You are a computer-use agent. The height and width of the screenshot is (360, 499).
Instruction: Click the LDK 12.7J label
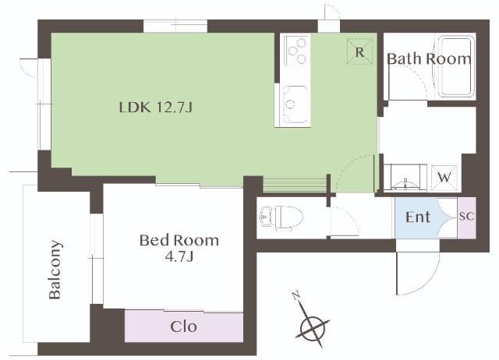[x=156, y=108]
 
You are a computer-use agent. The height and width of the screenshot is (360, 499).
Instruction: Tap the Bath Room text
[x=429, y=59]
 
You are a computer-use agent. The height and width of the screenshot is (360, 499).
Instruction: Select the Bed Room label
[x=179, y=241]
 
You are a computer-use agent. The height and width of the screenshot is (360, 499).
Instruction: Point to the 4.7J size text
[x=179, y=256]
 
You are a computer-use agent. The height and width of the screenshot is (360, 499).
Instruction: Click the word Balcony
[x=55, y=270]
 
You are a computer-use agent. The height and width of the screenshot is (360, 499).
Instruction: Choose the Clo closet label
[x=184, y=326]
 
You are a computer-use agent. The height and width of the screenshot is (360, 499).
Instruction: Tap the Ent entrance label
[x=418, y=217]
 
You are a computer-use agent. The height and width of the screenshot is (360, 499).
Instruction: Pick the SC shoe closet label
[x=466, y=217]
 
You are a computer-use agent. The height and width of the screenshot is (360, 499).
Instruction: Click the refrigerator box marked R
[x=359, y=51]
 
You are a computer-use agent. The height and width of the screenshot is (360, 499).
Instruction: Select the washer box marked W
[x=444, y=178]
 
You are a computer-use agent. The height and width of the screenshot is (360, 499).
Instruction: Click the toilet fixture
[x=281, y=217]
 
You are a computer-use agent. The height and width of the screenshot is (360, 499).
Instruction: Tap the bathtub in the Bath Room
[x=457, y=66]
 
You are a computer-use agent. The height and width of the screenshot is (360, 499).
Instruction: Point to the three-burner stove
[x=296, y=50]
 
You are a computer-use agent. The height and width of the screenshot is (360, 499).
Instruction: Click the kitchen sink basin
[x=296, y=104]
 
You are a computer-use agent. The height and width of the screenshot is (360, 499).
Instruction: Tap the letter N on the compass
[x=296, y=295]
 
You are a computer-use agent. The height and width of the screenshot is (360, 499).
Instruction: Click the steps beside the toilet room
[x=295, y=185]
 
